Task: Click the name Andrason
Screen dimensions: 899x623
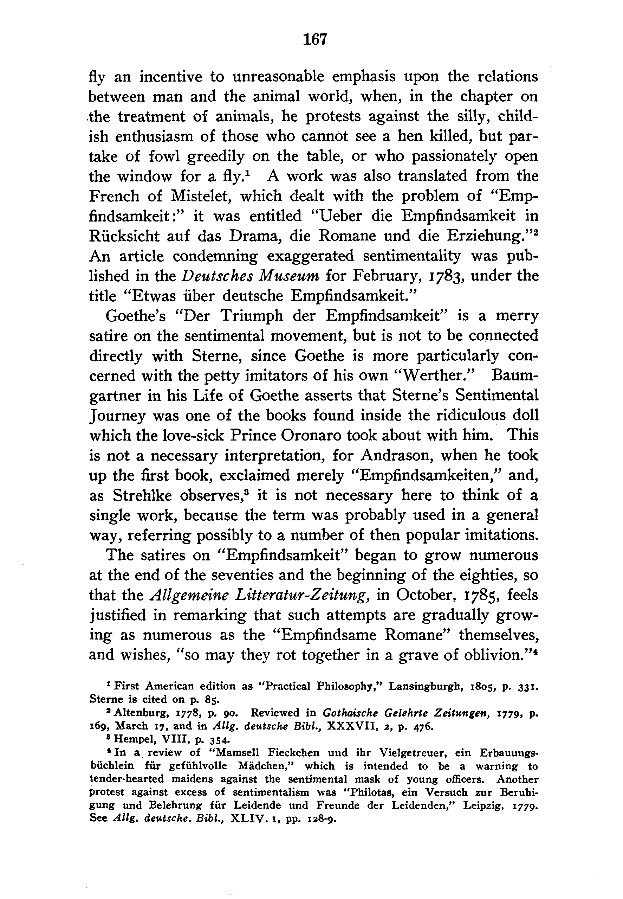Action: click(400, 455)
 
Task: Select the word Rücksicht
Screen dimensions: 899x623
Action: click(124, 236)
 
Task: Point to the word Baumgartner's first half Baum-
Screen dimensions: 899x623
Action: click(515, 376)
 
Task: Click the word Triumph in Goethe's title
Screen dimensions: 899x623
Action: click(251, 316)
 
